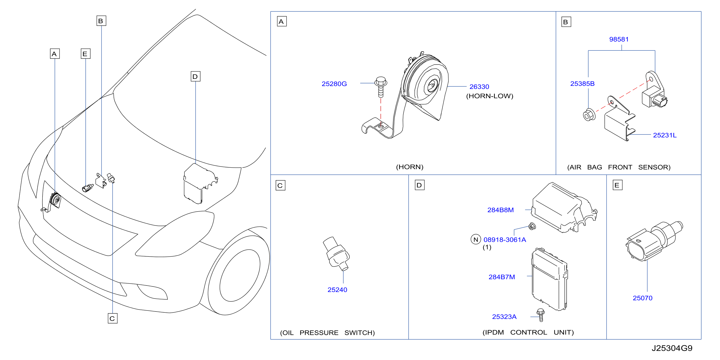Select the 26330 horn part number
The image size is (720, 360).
tap(479, 87)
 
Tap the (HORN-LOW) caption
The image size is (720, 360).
tap(489, 96)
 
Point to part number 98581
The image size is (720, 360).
tap(619, 39)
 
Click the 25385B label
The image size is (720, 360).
tap(582, 83)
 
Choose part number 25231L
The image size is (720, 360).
tap(665, 135)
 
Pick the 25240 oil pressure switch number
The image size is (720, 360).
tap(337, 290)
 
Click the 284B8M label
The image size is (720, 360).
tap(500, 210)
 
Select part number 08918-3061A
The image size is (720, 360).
tap(505, 239)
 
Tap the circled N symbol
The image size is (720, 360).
tap(475, 239)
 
